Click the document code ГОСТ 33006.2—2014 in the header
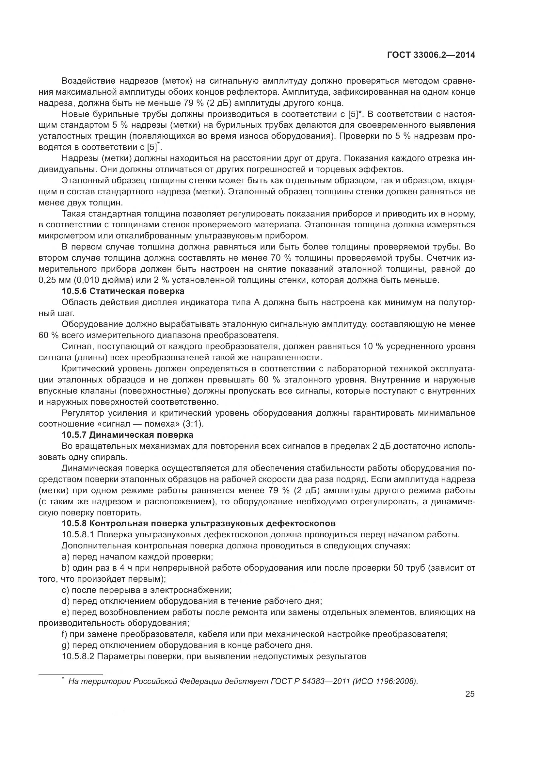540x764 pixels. [x=431, y=55]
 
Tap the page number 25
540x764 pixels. [x=470, y=694]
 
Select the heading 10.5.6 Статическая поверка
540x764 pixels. [x=123, y=291]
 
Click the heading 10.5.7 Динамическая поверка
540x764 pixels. [x=127, y=435]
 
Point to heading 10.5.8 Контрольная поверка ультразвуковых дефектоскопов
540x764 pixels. [x=199, y=523]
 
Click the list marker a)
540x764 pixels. [x=66, y=557]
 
